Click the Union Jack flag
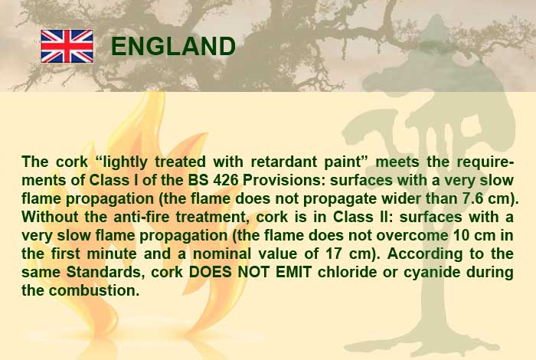coord(67,47)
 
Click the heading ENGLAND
coord(173,46)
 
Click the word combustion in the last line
coord(94,290)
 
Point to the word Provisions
coord(283,180)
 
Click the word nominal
coord(222,254)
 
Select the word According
coord(425,254)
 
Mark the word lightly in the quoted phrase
coord(125,162)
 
